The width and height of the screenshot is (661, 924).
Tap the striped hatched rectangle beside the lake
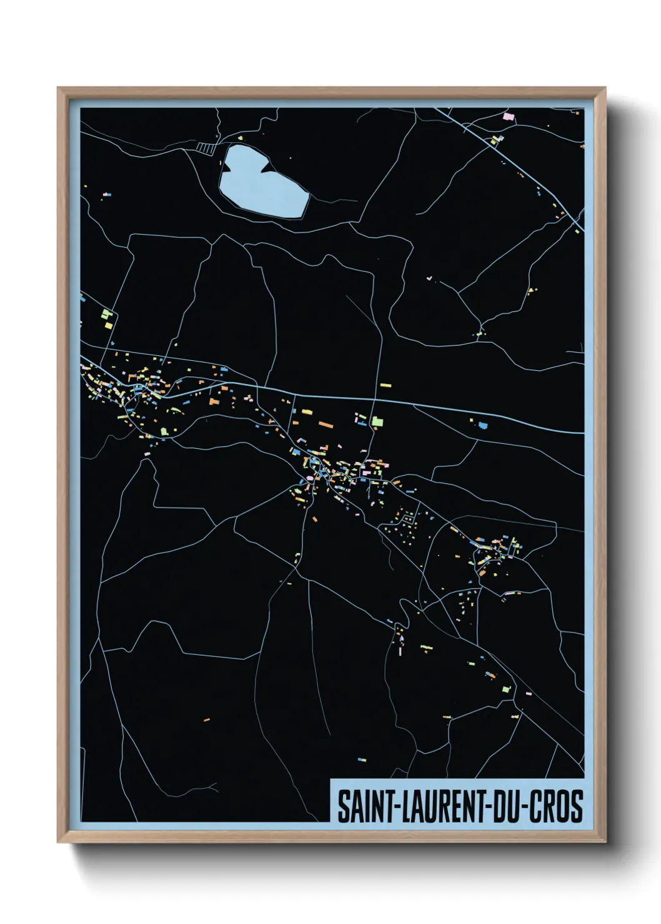pyautogui.click(x=205, y=147)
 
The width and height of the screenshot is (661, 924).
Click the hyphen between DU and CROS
pyautogui.click(x=524, y=807)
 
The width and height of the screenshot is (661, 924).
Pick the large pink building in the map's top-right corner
pyautogui.click(x=509, y=116)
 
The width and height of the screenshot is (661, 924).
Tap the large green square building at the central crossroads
pyautogui.click(x=377, y=422)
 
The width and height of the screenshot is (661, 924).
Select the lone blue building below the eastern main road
pyautogui.click(x=482, y=426)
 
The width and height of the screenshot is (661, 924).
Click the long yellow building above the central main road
pyautogui.click(x=385, y=385)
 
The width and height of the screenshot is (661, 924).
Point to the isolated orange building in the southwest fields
pyautogui.click(x=207, y=720)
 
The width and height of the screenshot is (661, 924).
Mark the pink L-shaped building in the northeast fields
pyautogui.click(x=429, y=277)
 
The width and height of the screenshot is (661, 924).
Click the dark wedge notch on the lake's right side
pyautogui.click(x=270, y=167)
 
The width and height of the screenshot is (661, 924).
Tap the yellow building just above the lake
pyautogui.click(x=240, y=137)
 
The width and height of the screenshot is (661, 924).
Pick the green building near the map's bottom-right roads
pyautogui.click(x=506, y=690)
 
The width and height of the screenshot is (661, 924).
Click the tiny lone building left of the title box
pyautogui.click(x=362, y=760)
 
